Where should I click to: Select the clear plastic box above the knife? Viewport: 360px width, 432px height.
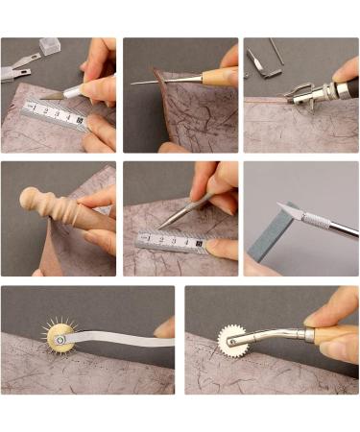point(50,45)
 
